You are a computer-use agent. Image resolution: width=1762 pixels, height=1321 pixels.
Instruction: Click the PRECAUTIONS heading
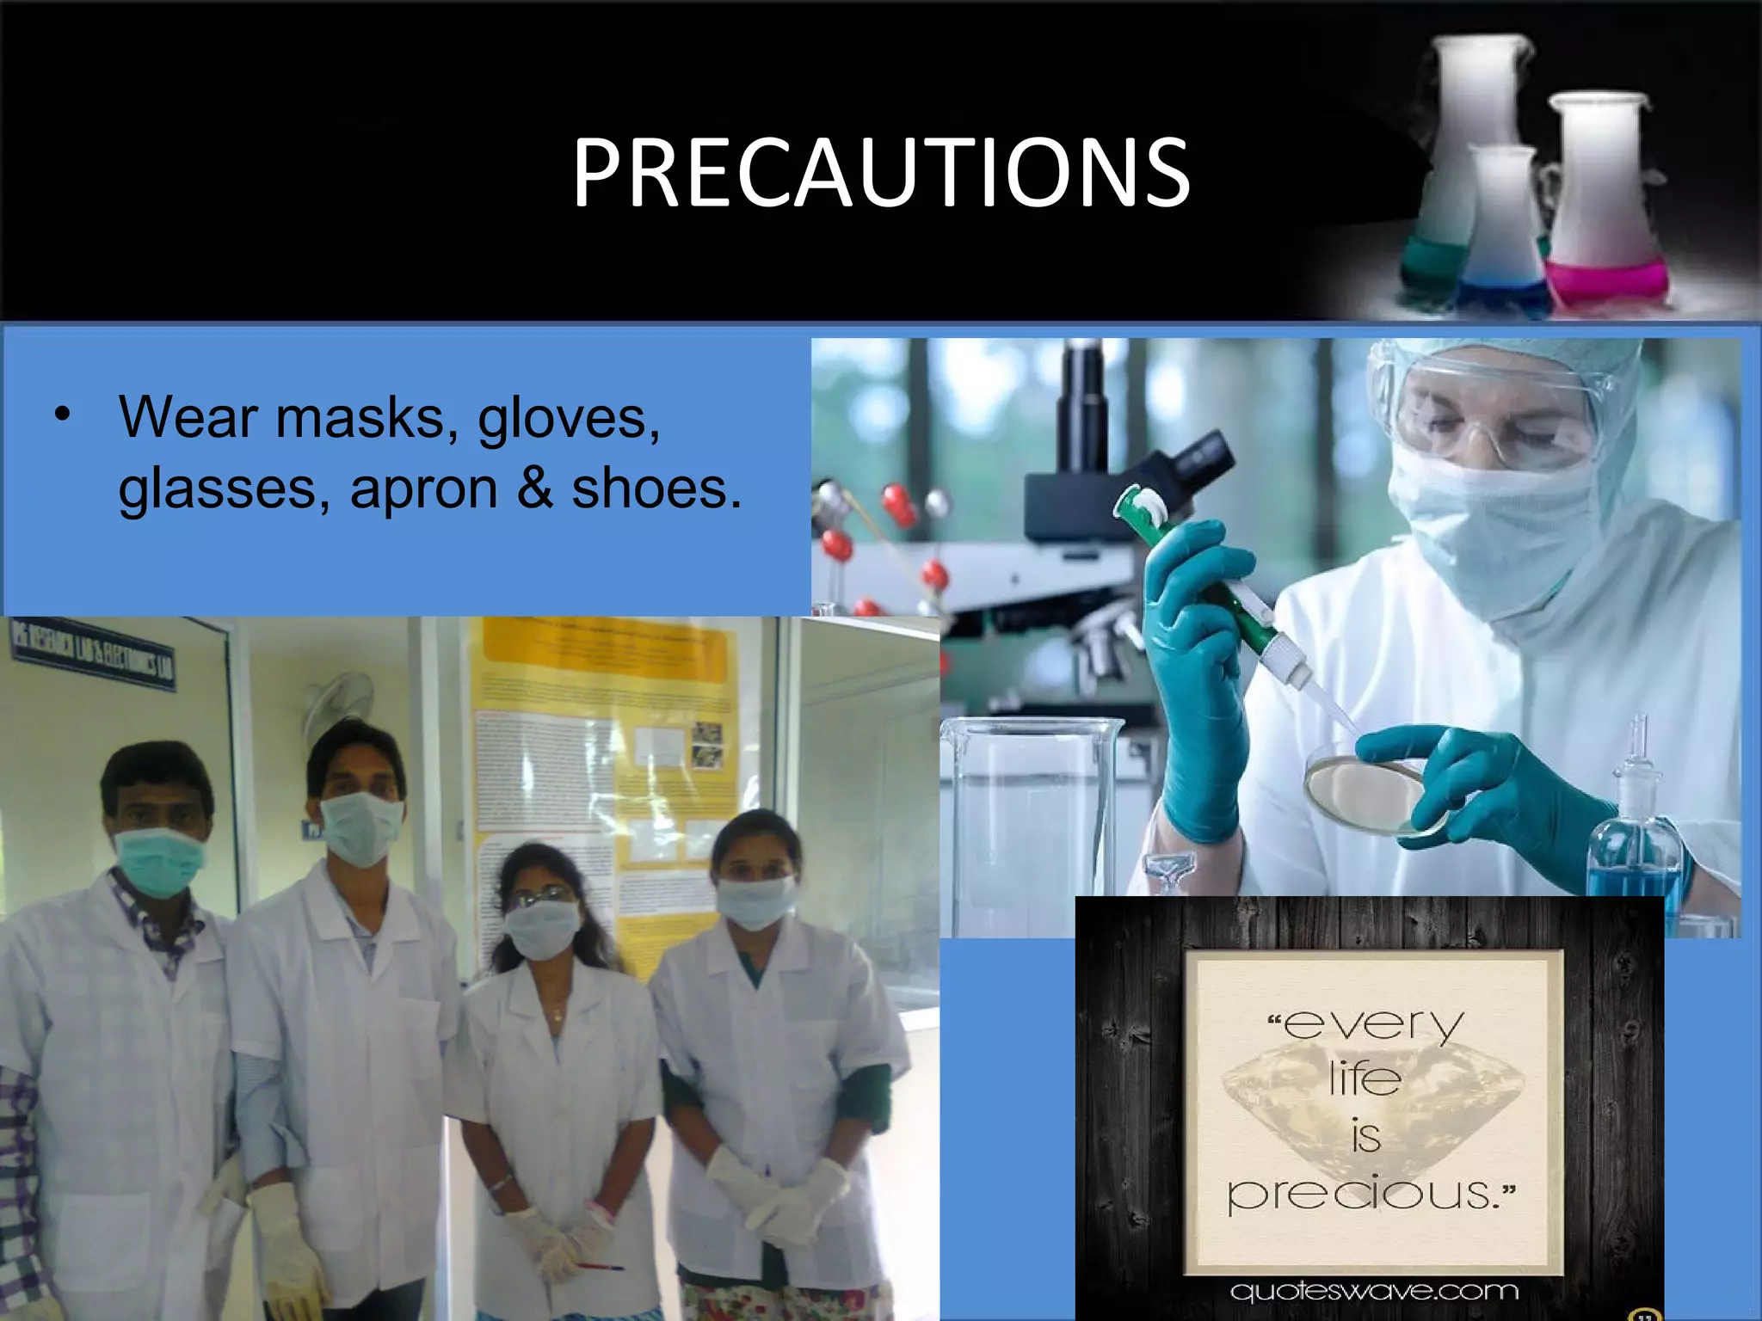[x=881, y=175]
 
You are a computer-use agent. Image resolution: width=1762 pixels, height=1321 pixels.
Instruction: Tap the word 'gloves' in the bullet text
[x=569, y=420]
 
